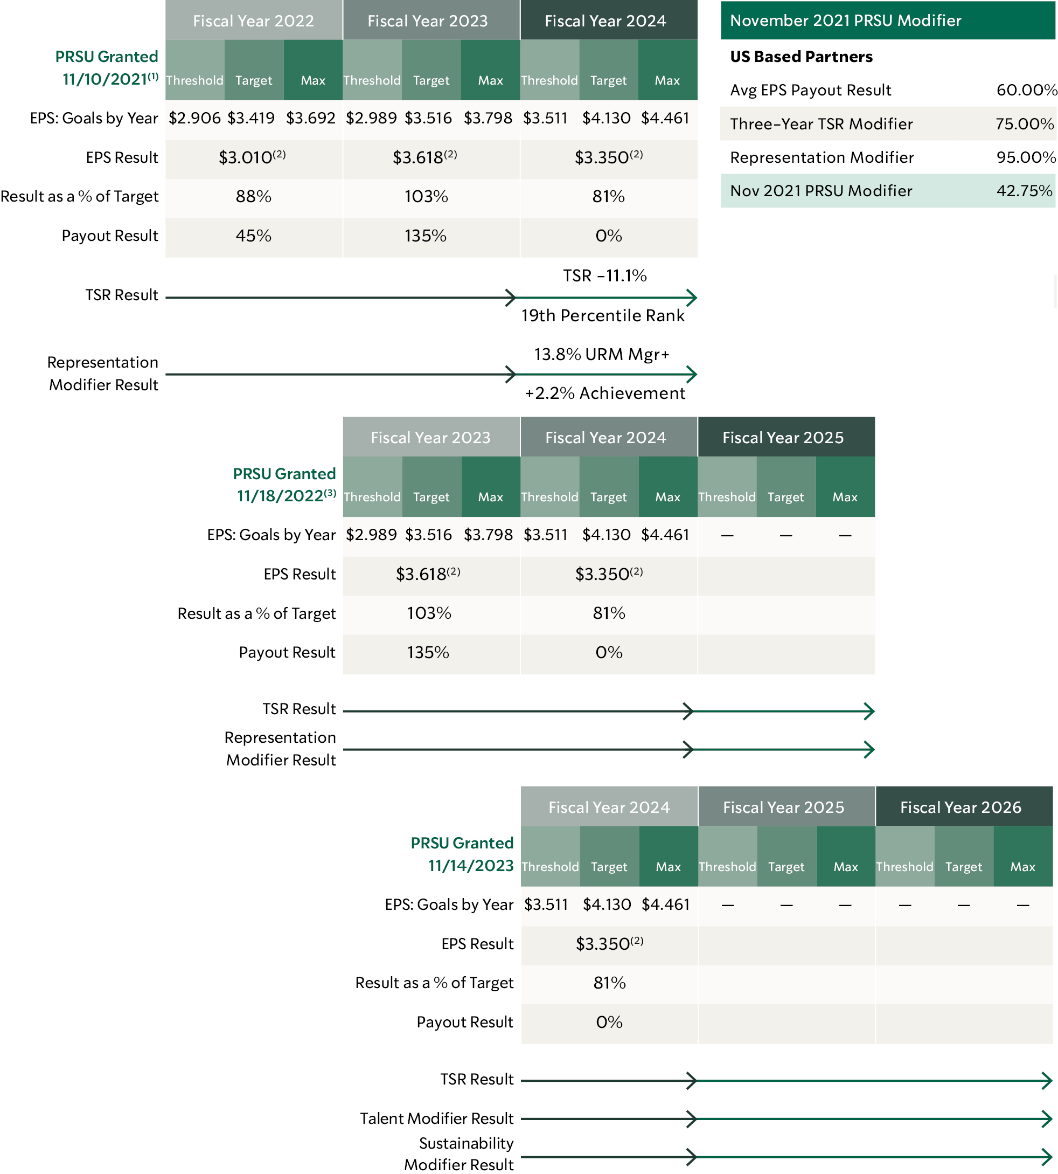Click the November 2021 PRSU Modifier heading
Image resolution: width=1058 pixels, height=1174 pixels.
pos(845,20)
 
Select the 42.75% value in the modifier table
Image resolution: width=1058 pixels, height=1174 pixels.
pos(1024,191)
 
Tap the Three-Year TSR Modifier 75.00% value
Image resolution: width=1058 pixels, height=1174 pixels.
pos(1024,124)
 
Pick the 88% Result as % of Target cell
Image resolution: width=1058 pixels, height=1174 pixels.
pos(253,197)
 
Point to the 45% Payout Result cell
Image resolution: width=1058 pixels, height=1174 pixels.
pos(253,236)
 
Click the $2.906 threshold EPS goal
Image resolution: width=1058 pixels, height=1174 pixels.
pos(195,118)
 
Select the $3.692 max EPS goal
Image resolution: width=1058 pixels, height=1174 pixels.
pos(311,118)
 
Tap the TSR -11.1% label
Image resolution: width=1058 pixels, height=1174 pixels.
pos(604,276)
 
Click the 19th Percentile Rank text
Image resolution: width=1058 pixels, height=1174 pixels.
pos(603,315)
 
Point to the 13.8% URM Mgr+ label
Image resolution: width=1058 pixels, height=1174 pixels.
pos(602,354)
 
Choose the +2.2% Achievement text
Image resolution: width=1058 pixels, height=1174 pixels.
pos(604,393)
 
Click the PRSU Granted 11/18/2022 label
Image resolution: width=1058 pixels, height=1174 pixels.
pos(284,485)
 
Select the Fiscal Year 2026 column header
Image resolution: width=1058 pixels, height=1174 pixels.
pos(960,807)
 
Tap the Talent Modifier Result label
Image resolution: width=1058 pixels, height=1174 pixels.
pos(436,1118)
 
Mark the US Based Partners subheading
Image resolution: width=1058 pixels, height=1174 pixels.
pos(801,57)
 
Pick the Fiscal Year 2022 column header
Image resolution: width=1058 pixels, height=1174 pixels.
pos(253,21)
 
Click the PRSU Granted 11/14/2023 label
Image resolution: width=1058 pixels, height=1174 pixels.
pos(462,854)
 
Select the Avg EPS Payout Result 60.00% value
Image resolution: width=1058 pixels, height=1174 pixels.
pos(1026,90)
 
